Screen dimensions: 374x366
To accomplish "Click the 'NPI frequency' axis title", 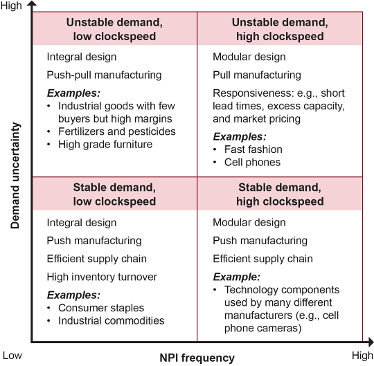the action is tap(197, 358).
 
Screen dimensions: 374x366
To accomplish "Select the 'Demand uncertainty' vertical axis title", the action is tap(15, 176).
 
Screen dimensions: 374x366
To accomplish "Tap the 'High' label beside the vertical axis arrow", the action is tap(11, 6).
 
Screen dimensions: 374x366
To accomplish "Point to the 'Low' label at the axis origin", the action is tap(12, 356).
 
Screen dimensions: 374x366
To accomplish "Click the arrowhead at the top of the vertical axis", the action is tap(32, 3).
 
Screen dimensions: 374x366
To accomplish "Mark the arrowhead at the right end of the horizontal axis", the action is tap(371, 342).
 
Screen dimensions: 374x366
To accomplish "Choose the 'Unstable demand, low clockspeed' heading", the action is tap(114, 29).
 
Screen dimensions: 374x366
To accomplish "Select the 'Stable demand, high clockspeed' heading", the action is tap(280, 194).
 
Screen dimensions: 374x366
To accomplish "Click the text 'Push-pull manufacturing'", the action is tap(104, 75).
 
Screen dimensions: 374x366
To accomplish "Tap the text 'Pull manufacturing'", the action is tap(257, 75).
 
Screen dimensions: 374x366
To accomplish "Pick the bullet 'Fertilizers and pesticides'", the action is tap(117, 131).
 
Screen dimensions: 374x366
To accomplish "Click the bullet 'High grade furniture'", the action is tap(105, 144).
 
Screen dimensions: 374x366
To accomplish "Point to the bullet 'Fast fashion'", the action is tap(253, 149).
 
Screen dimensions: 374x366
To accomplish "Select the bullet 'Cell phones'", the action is tap(252, 163).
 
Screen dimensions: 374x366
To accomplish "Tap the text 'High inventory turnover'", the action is tap(102, 277).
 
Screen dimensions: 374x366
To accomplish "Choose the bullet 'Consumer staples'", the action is tap(101, 308).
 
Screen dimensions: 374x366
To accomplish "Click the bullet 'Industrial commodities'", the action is tap(112, 320).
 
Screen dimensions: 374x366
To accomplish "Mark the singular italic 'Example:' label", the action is tap(236, 277).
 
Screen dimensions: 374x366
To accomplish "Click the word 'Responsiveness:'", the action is tap(253, 93).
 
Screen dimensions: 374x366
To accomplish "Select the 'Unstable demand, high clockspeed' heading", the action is tap(280, 29).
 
